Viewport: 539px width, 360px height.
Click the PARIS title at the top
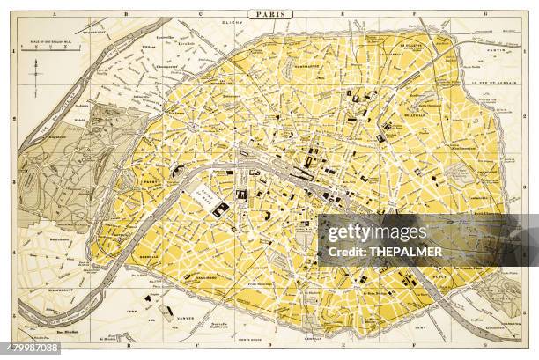pos(269,14)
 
